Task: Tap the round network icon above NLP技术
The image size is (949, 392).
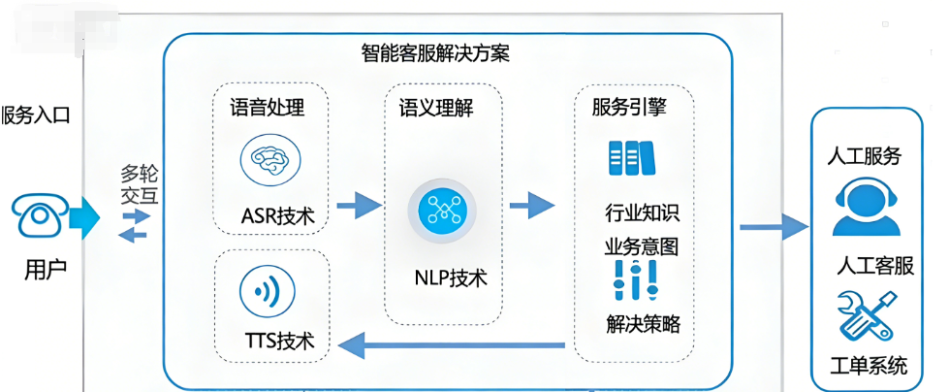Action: click(443, 210)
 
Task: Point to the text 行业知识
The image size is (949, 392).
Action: click(641, 212)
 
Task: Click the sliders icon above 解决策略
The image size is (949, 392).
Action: click(635, 282)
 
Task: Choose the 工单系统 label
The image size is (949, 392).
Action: click(870, 366)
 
